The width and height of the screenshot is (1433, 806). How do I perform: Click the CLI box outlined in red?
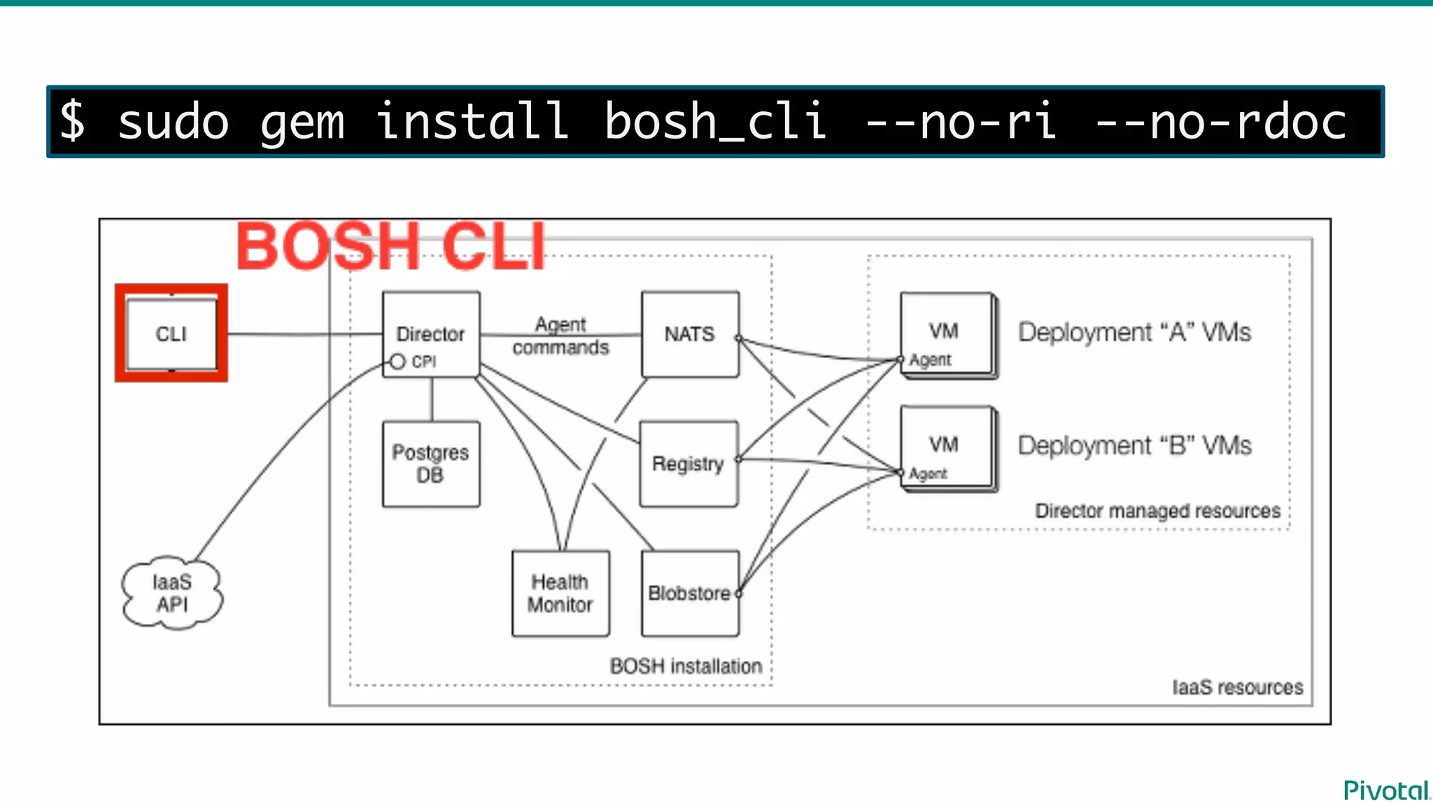point(171,334)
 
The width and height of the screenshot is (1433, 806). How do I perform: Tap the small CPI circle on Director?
point(397,362)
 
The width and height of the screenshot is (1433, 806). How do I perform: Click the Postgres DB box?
point(431,463)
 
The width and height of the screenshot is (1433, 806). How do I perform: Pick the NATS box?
point(690,334)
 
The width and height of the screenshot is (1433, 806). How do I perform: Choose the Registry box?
point(689,463)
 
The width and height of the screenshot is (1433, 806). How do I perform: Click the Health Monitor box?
point(560,593)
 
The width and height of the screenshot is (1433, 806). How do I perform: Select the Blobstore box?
point(690,593)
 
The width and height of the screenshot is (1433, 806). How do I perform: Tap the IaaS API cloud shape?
point(172,593)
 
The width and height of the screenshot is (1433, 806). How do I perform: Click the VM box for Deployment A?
point(945,334)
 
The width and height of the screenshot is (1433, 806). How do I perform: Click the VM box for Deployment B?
point(945,448)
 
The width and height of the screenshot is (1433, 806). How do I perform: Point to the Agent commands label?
point(560,336)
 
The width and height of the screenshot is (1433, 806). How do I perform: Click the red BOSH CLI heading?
point(390,246)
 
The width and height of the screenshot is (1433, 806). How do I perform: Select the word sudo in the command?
point(174,122)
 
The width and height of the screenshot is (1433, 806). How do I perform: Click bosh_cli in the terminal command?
point(715,122)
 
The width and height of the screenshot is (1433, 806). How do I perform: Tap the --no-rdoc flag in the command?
point(1220,122)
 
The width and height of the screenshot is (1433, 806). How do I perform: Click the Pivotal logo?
point(1386,791)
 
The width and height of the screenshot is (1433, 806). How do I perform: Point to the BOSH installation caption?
point(686,666)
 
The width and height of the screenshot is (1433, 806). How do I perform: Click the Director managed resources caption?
point(1157,511)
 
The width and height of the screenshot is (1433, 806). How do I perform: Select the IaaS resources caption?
point(1237,687)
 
